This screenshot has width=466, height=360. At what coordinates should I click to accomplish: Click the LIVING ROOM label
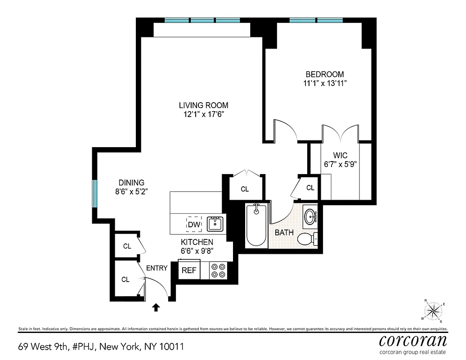point(200,105)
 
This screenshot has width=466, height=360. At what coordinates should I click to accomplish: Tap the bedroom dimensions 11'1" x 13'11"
point(325,83)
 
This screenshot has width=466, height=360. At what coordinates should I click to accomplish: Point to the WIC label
point(341,156)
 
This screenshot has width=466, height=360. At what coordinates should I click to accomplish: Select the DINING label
point(131,183)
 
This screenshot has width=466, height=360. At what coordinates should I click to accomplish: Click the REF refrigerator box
point(189,270)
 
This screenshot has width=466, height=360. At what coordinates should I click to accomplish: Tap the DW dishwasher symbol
point(194,224)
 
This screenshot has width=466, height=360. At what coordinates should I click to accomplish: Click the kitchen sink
point(215,224)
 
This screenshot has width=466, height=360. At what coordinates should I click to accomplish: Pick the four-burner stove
point(219,270)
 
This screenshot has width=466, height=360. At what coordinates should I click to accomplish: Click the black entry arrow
point(156,307)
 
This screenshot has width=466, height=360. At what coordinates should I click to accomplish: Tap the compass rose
point(434,310)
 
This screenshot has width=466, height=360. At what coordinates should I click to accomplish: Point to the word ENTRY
point(157,268)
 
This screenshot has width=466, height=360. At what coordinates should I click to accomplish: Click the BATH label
point(284,233)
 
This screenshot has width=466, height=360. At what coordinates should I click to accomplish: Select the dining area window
point(95,194)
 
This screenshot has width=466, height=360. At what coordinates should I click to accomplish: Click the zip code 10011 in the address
point(172,347)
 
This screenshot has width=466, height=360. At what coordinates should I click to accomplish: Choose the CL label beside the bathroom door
point(310,188)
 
